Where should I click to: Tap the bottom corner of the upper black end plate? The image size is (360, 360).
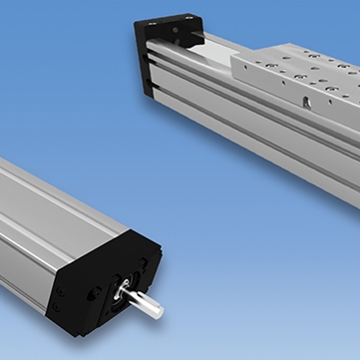click(150, 96)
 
